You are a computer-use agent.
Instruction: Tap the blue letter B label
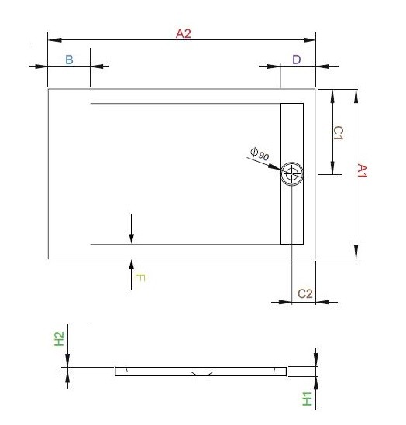(x=69, y=60)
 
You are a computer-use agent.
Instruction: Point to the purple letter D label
(x=296, y=60)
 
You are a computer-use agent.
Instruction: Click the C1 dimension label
(x=339, y=133)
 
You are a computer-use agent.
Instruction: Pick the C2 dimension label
(x=304, y=293)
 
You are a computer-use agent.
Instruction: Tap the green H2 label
(x=59, y=339)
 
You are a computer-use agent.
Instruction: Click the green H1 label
(x=307, y=399)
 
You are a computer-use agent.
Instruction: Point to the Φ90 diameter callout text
(x=259, y=153)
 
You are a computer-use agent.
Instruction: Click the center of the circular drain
(x=292, y=174)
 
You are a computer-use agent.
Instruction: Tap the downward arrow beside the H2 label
(x=68, y=360)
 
